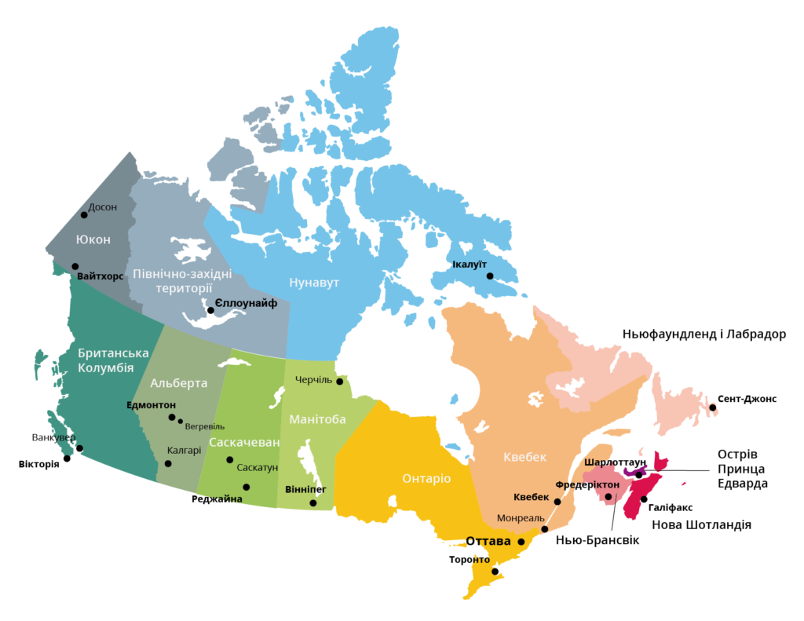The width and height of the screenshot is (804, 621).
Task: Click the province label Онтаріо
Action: tap(426, 478)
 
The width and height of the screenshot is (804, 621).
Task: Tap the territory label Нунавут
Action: tap(314, 283)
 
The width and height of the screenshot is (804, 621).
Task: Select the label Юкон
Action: tap(93, 239)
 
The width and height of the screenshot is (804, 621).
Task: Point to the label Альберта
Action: tap(179, 383)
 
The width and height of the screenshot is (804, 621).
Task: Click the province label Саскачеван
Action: tap(244, 442)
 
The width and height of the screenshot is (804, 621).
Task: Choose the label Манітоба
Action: tap(317, 419)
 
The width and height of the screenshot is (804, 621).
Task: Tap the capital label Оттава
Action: tap(488, 541)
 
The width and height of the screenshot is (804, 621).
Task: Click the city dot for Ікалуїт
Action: tap(490, 276)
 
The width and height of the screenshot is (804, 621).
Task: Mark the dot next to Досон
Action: tap(84, 214)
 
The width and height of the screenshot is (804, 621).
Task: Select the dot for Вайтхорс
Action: tap(75, 266)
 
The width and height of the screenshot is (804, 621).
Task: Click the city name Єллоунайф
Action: tap(246, 303)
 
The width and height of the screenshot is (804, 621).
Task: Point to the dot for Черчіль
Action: tap(340, 382)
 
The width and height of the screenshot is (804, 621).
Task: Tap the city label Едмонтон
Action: tap(151, 405)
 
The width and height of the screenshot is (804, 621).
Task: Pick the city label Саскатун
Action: tap(258, 467)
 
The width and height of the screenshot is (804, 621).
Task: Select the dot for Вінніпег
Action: tap(313, 502)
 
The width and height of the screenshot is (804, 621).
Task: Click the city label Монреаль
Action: tap(519, 518)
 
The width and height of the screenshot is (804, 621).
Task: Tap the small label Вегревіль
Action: tap(205, 426)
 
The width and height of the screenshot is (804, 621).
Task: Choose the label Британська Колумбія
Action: tap(112, 360)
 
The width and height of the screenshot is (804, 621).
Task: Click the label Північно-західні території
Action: tap(182, 281)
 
